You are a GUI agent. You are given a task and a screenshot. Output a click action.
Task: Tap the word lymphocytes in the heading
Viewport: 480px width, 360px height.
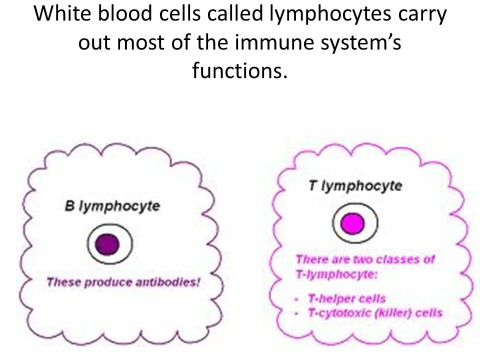(x=330, y=14)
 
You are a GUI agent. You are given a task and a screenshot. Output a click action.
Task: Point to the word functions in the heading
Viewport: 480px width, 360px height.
(x=240, y=71)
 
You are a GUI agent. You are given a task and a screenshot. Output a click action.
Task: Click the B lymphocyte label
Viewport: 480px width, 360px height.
(x=112, y=206)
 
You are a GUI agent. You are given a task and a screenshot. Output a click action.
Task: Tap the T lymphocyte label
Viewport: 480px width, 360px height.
(x=355, y=186)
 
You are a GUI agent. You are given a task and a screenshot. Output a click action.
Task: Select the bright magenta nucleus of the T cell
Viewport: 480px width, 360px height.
(x=353, y=223)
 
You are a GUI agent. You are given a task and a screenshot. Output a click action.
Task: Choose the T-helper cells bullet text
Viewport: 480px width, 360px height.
(x=346, y=298)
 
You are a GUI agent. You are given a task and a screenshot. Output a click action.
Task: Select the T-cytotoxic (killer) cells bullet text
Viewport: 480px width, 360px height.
(x=375, y=313)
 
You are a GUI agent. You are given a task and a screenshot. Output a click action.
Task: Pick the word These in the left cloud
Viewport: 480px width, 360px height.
(x=64, y=282)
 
